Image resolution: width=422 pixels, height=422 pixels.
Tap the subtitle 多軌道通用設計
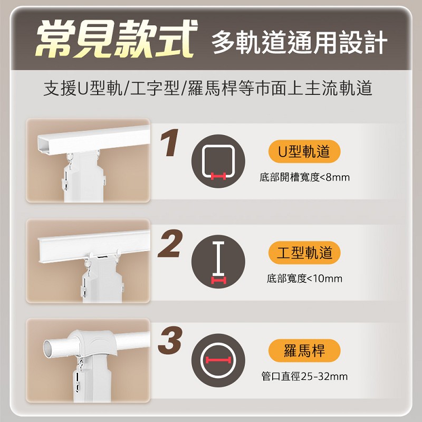(x=299, y=42)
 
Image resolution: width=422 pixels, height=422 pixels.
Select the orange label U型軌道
(x=304, y=151)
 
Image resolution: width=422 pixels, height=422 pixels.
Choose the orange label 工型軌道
(x=304, y=253)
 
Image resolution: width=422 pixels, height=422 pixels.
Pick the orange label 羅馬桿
(x=304, y=351)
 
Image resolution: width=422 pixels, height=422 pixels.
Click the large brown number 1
(x=169, y=142)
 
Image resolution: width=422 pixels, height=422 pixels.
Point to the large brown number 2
(x=170, y=244)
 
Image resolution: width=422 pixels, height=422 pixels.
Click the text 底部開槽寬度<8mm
(x=305, y=177)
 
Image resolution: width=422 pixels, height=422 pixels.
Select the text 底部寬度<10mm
(x=304, y=279)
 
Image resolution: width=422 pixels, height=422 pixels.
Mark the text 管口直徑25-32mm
(x=304, y=376)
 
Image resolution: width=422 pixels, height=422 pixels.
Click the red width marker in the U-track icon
(x=218, y=176)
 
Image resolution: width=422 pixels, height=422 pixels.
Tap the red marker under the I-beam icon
(x=218, y=280)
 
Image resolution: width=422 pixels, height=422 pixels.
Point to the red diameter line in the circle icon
(x=218, y=360)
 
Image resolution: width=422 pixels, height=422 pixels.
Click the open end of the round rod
(x=49, y=349)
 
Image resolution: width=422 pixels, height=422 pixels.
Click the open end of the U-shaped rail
(x=45, y=146)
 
